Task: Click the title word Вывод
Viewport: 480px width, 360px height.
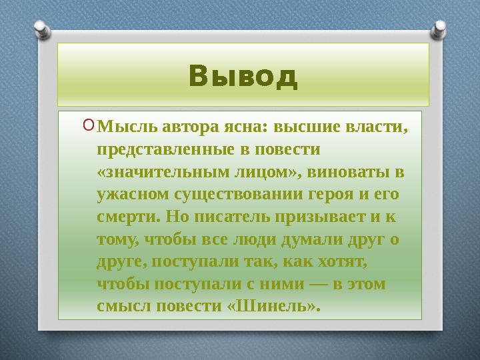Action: pyautogui.click(x=243, y=77)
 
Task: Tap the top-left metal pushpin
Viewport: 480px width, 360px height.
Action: pyautogui.click(x=40, y=30)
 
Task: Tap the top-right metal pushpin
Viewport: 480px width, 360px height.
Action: pyautogui.click(x=441, y=29)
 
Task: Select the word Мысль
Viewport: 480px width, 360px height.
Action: pyautogui.click(x=122, y=126)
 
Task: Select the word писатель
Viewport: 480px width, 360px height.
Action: pyautogui.click(x=227, y=217)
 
